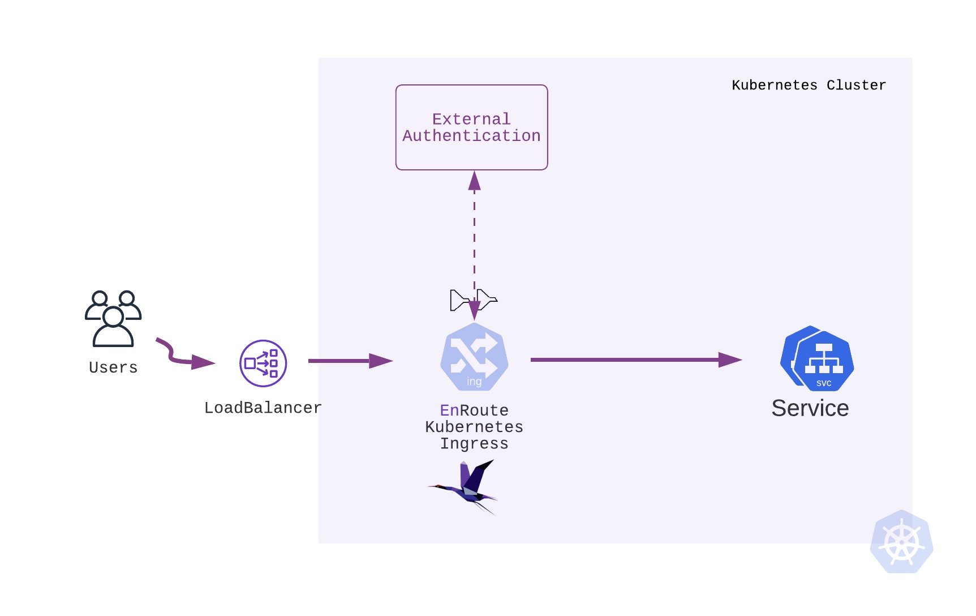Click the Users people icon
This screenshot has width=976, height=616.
point(113,318)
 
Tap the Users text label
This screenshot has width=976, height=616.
point(113,367)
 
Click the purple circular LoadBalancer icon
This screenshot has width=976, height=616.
point(263,363)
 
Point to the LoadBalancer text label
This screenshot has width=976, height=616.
point(263,408)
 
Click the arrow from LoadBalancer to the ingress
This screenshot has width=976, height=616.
point(350,361)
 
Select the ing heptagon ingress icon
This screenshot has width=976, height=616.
point(474,357)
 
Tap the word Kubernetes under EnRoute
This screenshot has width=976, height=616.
point(474,426)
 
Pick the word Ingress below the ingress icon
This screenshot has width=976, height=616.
point(474,443)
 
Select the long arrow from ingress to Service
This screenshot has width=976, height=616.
point(634,360)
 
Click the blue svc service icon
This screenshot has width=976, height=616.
point(817,359)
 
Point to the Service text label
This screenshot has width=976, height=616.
point(810,408)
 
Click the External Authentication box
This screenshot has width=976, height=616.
point(471,153)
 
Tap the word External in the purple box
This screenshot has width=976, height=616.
point(471,119)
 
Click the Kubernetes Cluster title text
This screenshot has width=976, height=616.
point(809,85)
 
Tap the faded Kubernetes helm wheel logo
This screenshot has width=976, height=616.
point(901,542)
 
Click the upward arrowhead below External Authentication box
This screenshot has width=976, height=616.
point(474,181)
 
